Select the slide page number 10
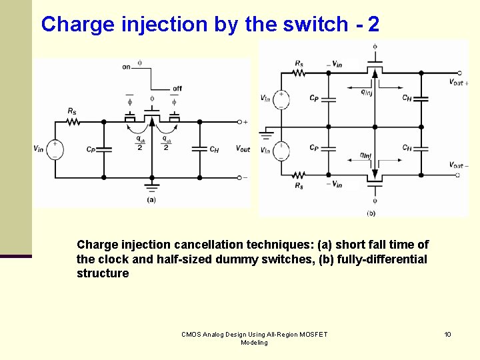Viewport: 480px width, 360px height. (448, 333)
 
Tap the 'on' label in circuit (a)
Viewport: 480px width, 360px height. (126, 67)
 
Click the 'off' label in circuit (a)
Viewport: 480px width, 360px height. (177, 89)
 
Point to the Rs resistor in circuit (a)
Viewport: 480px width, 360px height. (72, 122)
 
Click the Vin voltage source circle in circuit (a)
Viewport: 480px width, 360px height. (55, 149)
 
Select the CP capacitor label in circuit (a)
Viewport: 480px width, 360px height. (91, 150)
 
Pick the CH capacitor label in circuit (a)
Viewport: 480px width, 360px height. (213, 150)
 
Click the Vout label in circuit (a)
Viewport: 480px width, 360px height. (243, 149)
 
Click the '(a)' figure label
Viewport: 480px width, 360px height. (151, 199)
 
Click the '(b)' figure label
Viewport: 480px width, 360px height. (371, 213)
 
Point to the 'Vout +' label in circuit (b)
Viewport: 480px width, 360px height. (459, 83)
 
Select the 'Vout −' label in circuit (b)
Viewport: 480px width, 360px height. (459, 165)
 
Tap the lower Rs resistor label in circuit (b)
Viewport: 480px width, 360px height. (299, 187)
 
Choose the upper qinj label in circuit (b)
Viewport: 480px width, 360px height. (366, 93)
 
